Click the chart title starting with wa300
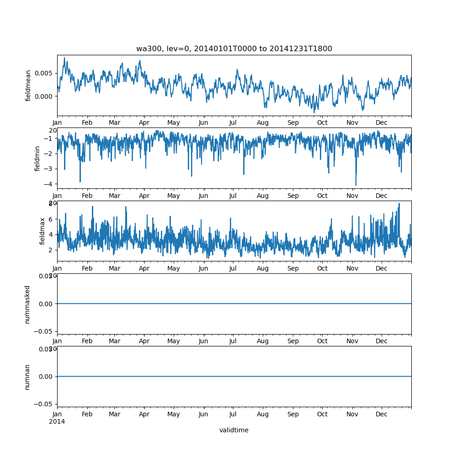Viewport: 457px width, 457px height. pos(234,48)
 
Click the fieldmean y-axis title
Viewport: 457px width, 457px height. pos(28,85)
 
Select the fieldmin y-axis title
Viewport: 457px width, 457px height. pos(37,158)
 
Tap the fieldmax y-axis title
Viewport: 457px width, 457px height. pos(43,231)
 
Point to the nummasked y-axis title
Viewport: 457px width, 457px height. pos(27,304)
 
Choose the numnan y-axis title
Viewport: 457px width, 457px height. pos(27,377)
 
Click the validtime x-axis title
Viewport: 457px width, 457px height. pos(234,430)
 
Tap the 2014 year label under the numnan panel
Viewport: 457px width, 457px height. pos(57,421)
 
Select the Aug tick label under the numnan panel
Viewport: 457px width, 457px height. pos(263,414)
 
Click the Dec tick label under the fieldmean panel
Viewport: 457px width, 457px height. pos(382,122)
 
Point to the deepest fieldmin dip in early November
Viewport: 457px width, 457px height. pos(356,186)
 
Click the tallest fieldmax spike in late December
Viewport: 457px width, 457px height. pos(399,203)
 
